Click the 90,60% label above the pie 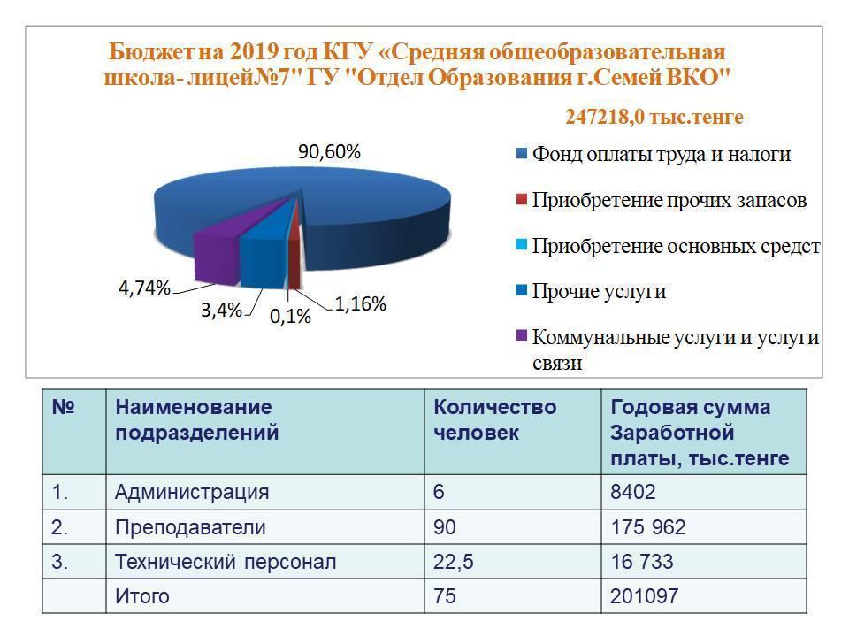tap(329, 152)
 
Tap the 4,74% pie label tap(144, 288)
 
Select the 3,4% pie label tap(221, 311)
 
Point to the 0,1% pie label tap(289, 316)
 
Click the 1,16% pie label tap(360, 304)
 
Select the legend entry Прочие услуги tap(599, 292)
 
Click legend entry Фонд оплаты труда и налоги tap(661, 155)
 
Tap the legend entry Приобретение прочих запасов tap(669, 200)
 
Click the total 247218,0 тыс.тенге tap(654, 117)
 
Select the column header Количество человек tap(494, 420)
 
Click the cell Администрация tap(192, 492)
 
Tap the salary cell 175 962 tap(648, 528)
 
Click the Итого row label tap(142, 596)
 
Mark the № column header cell tap(63, 408)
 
